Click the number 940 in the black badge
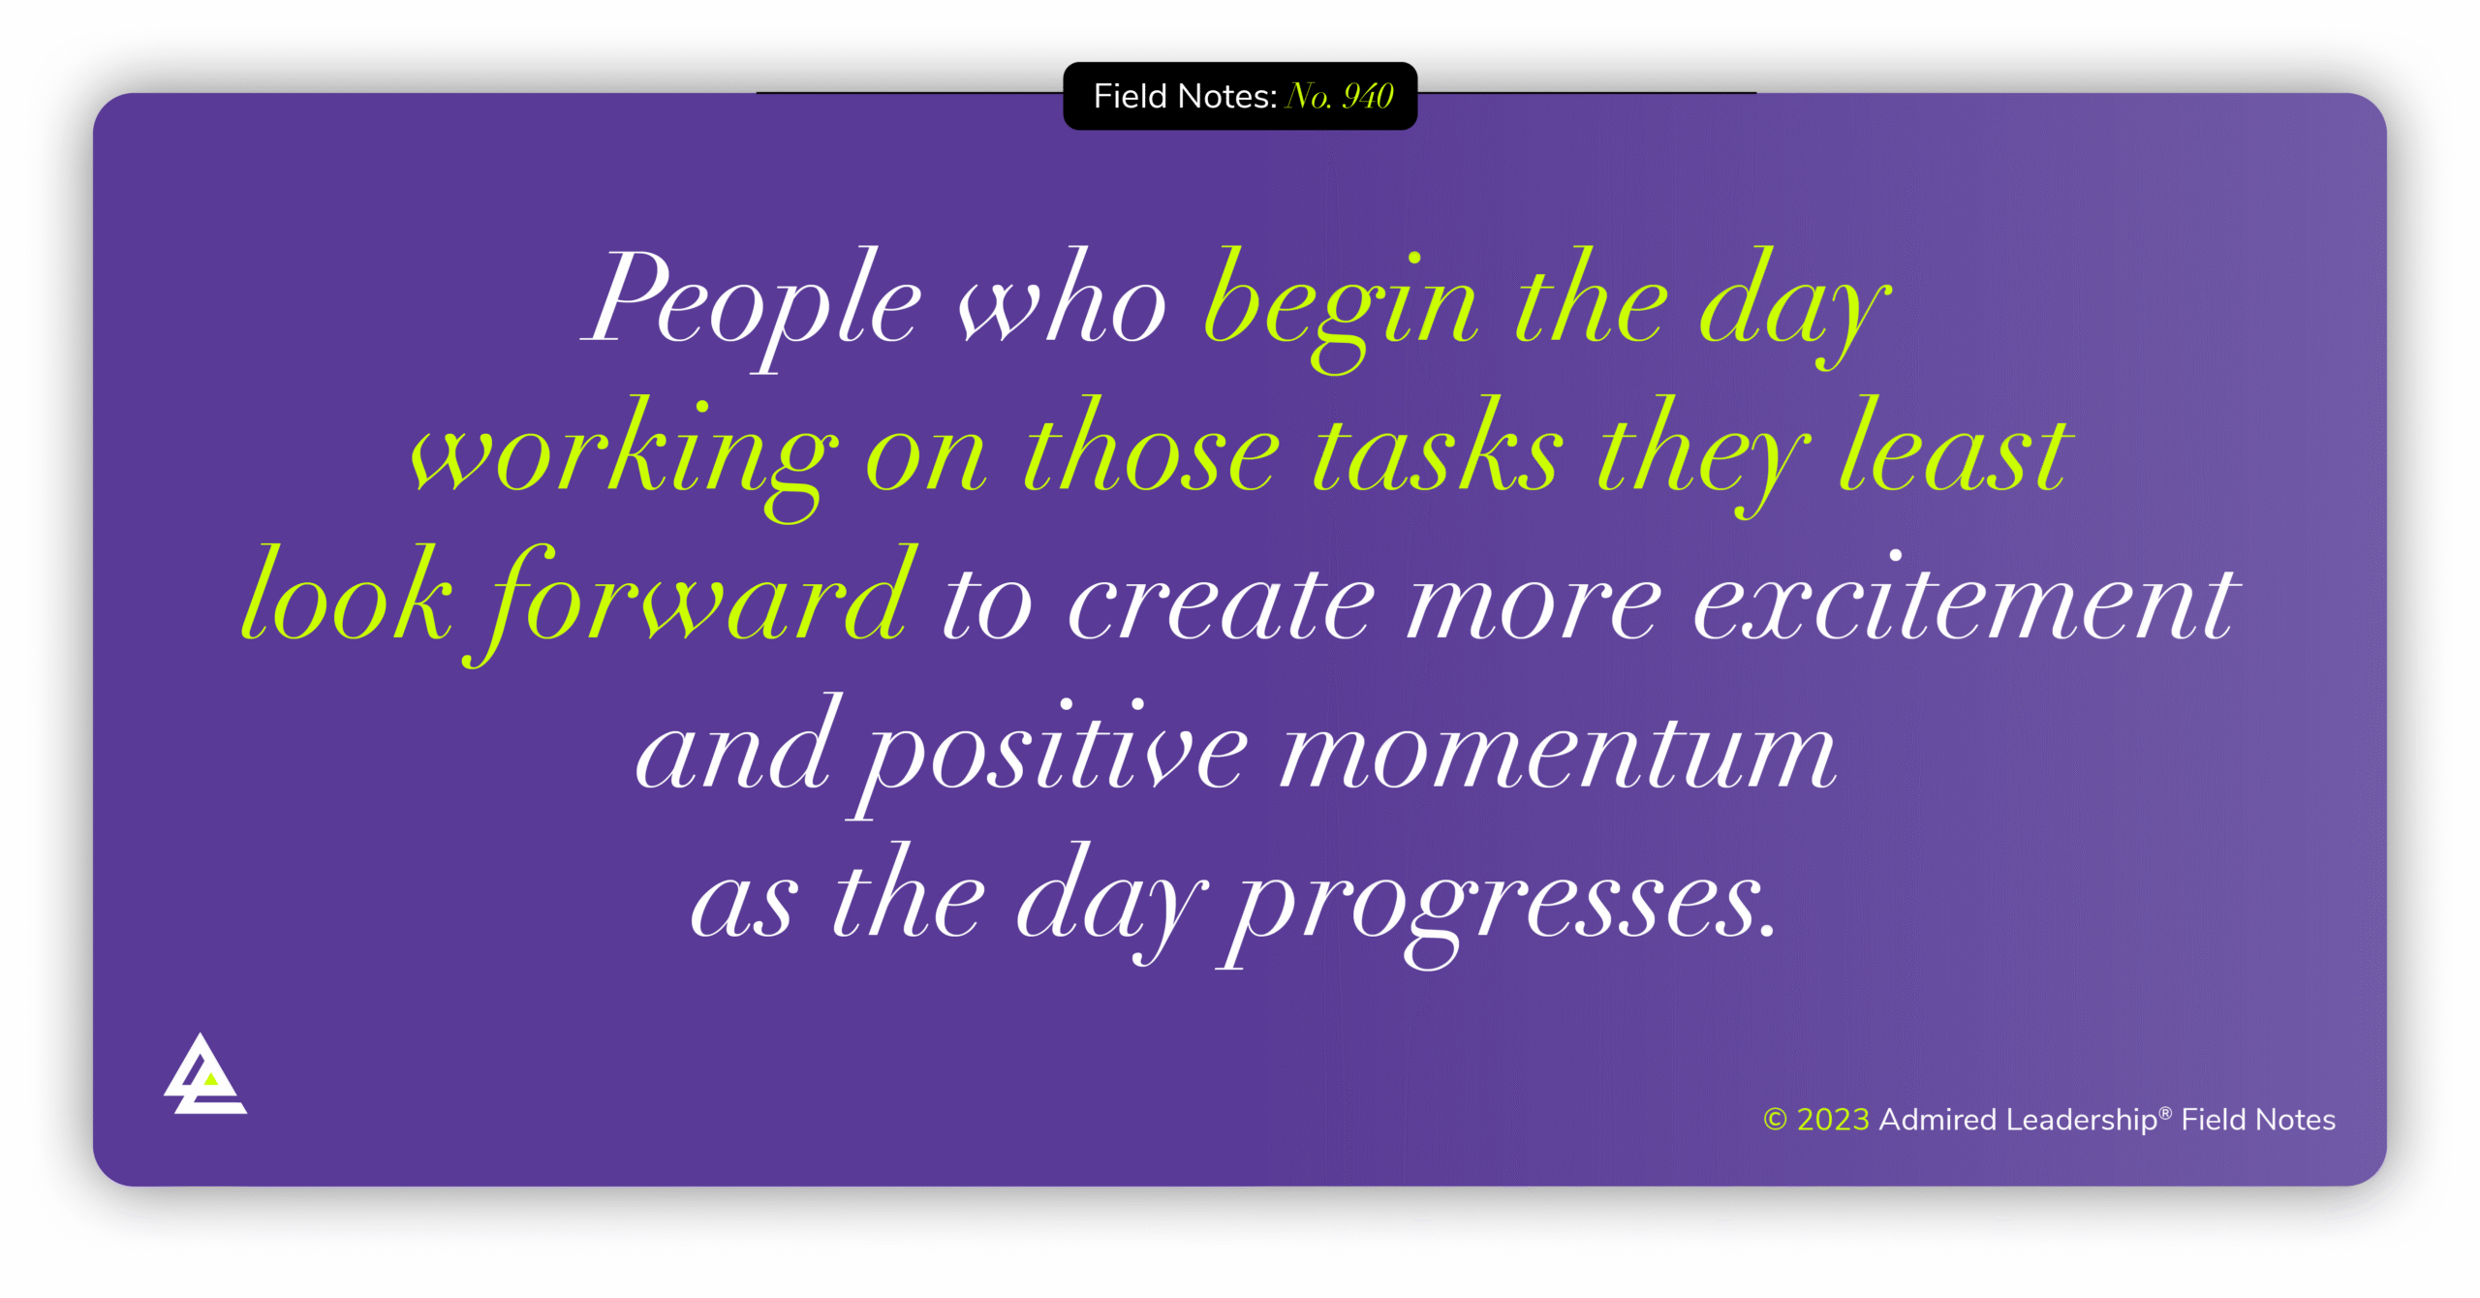point(1368,97)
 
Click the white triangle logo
point(204,1077)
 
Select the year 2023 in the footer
point(1833,1120)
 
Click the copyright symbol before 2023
point(1775,1120)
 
